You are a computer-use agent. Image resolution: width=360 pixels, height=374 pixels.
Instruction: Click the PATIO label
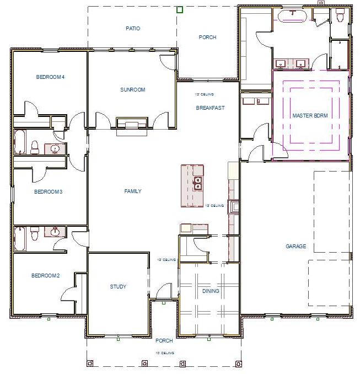click(x=133, y=28)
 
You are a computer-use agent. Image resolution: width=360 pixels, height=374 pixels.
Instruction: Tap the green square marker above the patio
click(x=179, y=9)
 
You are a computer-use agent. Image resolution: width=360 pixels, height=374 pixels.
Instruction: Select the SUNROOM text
click(x=133, y=89)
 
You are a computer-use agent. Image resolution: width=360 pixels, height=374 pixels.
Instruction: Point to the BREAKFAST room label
click(x=210, y=108)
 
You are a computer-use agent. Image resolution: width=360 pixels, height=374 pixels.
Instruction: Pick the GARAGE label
click(x=295, y=247)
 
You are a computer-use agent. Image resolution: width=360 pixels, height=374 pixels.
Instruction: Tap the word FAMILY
click(x=133, y=191)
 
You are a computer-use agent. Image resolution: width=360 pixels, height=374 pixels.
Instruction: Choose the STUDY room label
click(x=118, y=286)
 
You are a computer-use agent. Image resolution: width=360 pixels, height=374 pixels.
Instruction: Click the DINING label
click(x=211, y=291)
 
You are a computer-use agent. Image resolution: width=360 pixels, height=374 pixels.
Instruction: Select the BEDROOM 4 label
click(x=51, y=77)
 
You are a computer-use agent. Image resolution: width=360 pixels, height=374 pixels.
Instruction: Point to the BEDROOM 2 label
click(x=46, y=275)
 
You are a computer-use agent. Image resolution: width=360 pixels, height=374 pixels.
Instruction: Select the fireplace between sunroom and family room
click(x=131, y=125)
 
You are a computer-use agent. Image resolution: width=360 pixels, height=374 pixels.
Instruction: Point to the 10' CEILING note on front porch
click(x=164, y=352)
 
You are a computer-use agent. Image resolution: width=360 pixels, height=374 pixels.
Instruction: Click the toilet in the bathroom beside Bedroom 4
click(x=35, y=147)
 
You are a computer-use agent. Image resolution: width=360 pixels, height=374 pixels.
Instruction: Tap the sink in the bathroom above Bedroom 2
click(x=55, y=232)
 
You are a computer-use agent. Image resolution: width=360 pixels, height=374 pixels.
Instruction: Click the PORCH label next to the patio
click(x=207, y=38)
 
